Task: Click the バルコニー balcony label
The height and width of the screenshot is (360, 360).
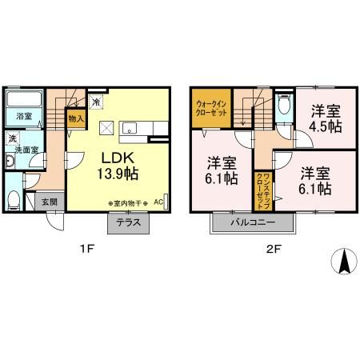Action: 253,222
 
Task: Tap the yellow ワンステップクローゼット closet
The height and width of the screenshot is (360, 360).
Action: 261,191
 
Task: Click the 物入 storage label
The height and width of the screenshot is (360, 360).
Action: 76,118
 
